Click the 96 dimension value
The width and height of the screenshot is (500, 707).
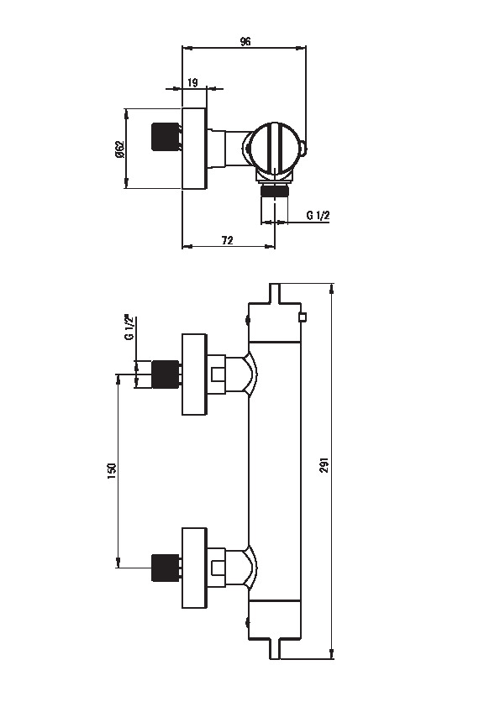245,42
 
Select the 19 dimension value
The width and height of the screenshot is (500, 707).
192,82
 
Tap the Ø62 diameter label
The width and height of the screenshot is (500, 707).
119,149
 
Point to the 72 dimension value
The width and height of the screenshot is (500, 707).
228,240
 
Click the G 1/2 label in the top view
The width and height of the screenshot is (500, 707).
318,216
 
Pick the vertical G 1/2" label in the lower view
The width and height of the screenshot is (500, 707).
130,328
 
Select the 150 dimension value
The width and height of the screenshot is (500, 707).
112,471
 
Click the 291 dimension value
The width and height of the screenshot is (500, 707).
324,465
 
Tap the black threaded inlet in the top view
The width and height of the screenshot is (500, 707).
163,136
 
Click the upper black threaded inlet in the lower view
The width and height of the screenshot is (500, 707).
166,374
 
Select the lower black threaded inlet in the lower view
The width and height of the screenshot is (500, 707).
166,568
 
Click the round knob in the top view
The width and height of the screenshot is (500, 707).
273,148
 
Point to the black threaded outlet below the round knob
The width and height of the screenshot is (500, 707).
275,190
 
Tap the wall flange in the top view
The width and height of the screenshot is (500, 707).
194,149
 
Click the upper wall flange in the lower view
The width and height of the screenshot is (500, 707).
194,374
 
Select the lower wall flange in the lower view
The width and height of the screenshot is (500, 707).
194,568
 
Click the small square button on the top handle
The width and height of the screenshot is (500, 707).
303,317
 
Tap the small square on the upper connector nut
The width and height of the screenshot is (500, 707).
218,374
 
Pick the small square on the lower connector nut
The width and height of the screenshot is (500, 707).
218,568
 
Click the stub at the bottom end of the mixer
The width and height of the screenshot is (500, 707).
275,648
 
